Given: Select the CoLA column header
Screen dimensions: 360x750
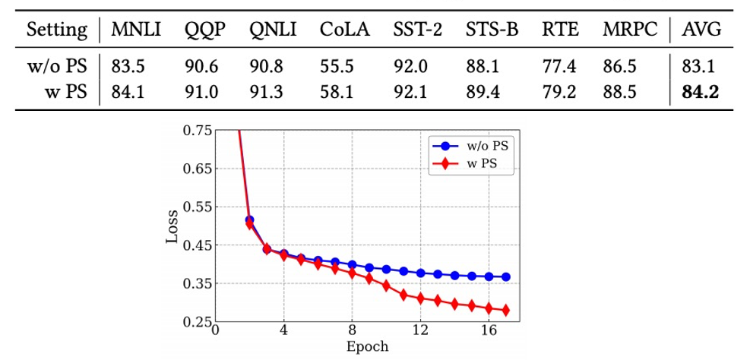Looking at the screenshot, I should [x=344, y=31].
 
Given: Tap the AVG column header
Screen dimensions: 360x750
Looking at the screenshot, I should [x=701, y=31].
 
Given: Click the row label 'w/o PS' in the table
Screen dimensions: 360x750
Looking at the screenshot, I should [x=56, y=68].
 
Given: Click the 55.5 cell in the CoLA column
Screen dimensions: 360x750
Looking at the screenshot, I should [x=337, y=68].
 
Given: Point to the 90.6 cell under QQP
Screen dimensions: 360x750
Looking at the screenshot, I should [x=200, y=68].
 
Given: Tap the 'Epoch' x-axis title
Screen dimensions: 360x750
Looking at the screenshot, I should [x=368, y=347].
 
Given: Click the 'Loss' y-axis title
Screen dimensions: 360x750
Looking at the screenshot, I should [x=172, y=226].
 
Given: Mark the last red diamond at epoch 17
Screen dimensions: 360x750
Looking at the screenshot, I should [x=506, y=310].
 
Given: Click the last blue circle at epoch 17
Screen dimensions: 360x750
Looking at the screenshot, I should [x=506, y=277].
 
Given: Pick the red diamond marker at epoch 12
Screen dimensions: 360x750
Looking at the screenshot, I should [x=420, y=298].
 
